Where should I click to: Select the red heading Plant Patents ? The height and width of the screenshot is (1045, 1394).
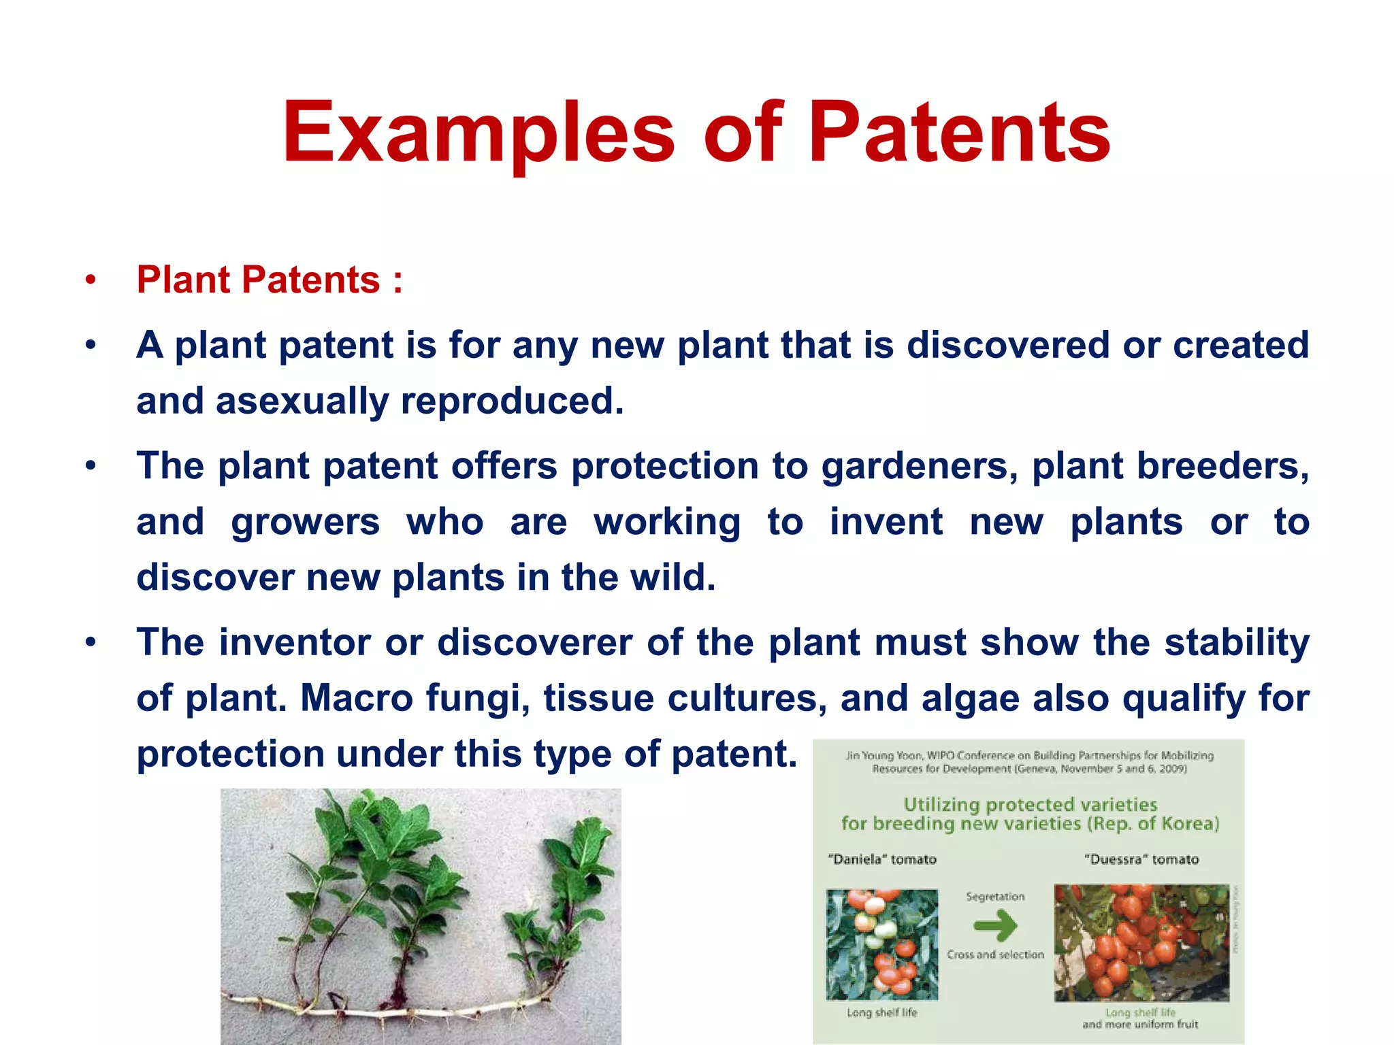coord(270,280)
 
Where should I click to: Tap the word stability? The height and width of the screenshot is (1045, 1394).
coord(1236,643)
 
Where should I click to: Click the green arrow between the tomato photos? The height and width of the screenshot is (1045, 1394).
coord(995,925)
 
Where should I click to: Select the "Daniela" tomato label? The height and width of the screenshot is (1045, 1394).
coord(882,859)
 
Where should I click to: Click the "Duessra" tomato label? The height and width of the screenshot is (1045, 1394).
coord(1141,859)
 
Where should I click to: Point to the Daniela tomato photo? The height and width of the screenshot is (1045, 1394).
coord(882,944)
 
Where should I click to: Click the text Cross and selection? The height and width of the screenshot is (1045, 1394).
coord(995,955)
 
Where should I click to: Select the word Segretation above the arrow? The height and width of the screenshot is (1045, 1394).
coord(995,897)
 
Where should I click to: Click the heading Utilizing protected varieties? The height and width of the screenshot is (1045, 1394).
coord(1030,805)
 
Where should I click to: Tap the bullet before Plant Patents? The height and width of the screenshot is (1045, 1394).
coord(91,280)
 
